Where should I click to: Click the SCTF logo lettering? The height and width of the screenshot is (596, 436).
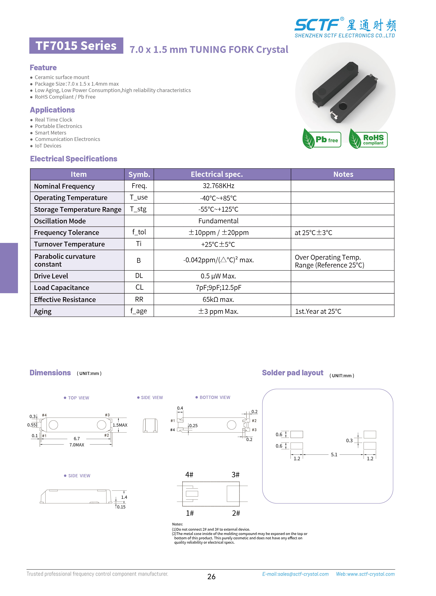[316, 25]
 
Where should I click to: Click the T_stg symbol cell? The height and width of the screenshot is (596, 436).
[138, 209]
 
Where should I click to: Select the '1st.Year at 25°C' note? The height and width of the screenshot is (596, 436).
[318, 311]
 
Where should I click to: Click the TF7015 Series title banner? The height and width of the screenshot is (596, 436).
[76, 46]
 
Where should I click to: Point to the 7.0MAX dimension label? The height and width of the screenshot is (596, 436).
[77, 445]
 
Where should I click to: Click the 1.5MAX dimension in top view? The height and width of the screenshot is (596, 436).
[120, 425]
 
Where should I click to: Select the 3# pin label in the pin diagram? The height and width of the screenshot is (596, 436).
[235, 474]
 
